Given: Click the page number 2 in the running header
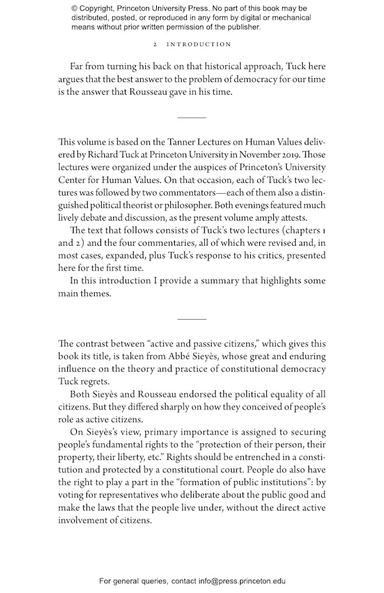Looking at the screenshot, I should click(156, 45).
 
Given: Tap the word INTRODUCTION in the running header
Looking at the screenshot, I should click(198, 45).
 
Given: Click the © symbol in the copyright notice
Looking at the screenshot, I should click(75, 8).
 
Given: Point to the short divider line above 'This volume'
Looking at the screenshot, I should click(191, 118).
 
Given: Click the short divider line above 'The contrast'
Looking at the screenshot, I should click(191, 319).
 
